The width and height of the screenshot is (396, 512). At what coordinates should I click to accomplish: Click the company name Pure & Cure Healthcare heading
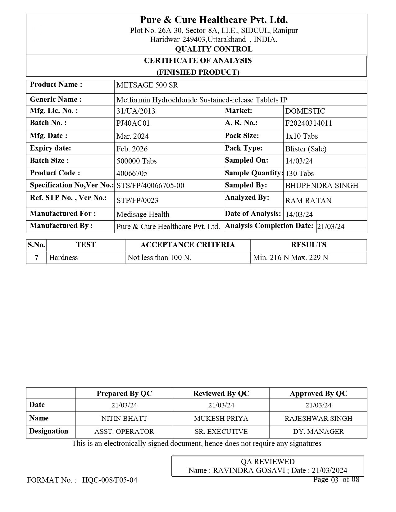(214, 20)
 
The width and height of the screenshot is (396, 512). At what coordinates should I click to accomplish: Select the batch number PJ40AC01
(133, 123)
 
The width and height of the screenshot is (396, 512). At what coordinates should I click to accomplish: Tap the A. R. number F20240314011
(308, 123)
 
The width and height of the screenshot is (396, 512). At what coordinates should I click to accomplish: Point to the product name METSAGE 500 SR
(147, 85)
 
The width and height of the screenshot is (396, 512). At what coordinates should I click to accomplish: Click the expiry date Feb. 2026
(132, 149)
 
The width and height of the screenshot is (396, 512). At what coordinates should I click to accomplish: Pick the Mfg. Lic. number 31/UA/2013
(136, 111)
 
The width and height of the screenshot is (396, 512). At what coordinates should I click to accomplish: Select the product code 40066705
(132, 173)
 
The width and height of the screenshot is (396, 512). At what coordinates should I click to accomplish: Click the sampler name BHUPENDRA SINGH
(321, 186)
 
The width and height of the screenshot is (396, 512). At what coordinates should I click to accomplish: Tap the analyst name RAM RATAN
(308, 201)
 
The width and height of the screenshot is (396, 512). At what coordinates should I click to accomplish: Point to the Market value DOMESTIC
(305, 111)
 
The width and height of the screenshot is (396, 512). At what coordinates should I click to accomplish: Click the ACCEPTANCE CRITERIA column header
(188, 245)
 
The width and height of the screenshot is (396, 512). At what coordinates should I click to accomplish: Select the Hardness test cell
(63, 258)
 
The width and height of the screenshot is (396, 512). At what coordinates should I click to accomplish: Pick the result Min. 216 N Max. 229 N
(290, 258)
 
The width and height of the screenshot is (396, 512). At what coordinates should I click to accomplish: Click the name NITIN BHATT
(124, 418)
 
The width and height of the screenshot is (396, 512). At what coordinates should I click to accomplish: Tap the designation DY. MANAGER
(318, 432)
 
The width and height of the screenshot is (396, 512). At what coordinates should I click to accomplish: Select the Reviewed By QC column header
(221, 393)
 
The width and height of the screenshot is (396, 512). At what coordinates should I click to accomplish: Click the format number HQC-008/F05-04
(110, 480)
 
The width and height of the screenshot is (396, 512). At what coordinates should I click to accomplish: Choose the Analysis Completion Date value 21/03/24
(330, 227)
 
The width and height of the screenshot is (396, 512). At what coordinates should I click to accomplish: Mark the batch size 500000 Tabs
(136, 161)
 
